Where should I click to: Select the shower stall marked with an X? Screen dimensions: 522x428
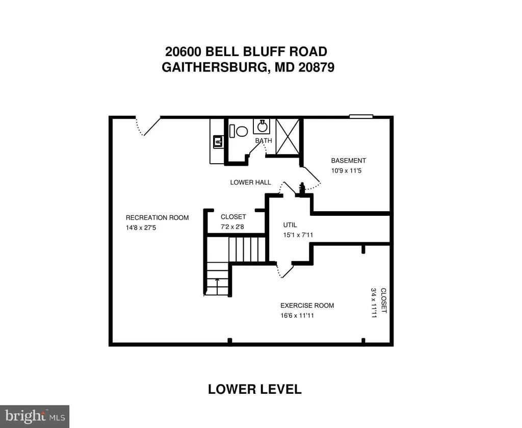(288, 137)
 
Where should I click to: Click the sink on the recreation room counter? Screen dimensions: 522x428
(218, 142)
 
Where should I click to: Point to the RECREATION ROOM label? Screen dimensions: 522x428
(157, 218)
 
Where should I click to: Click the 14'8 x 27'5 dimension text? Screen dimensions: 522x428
(141, 228)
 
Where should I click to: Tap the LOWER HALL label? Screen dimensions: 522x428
(251, 183)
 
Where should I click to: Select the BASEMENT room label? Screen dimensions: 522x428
(349, 161)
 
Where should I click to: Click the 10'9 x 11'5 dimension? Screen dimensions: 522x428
(346, 171)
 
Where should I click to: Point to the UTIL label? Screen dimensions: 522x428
(290, 225)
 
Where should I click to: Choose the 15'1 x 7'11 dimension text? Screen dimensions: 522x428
(298, 235)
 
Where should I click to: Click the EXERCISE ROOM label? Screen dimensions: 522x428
(307, 306)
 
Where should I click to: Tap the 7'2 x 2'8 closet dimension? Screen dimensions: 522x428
(232, 227)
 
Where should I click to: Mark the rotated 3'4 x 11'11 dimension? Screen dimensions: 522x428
(374, 303)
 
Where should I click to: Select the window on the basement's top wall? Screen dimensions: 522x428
(361, 116)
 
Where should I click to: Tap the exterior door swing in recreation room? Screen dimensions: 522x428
(148, 126)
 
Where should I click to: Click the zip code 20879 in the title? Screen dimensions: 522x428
(316, 68)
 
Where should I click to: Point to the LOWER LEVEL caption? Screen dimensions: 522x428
(255, 389)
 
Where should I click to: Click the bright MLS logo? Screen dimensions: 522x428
(35, 416)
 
